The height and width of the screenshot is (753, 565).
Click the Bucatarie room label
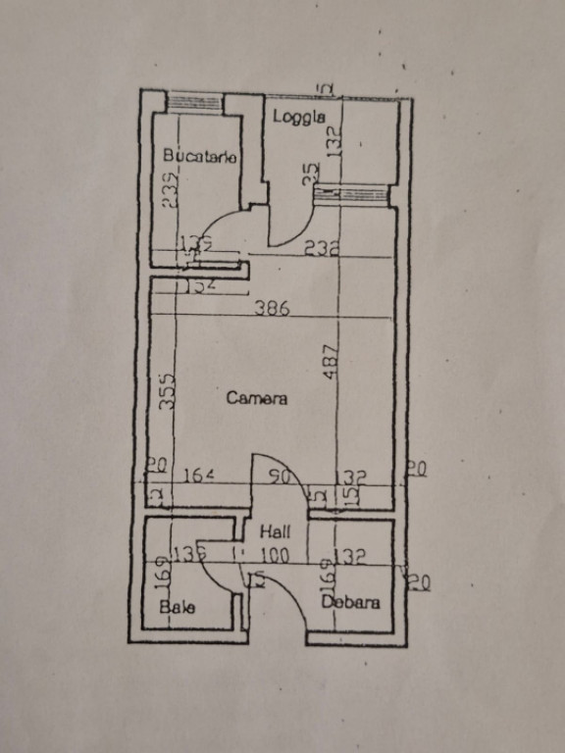(x=200, y=155)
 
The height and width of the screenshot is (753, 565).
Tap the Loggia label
(x=298, y=117)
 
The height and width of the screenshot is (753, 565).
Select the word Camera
(x=257, y=398)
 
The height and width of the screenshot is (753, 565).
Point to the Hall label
(x=274, y=531)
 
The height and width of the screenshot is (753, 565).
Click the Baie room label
(x=178, y=607)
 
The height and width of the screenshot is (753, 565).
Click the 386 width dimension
(x=272, y=308)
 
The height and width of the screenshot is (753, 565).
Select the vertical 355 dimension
(x=168, y=391)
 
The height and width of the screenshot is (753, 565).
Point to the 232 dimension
(x=321, y=249)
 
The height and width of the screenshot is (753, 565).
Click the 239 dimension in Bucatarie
(x=170, y=189)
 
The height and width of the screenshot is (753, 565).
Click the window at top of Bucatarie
(x=193, y=101)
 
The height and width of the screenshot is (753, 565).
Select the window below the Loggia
(x=350, y=194)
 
